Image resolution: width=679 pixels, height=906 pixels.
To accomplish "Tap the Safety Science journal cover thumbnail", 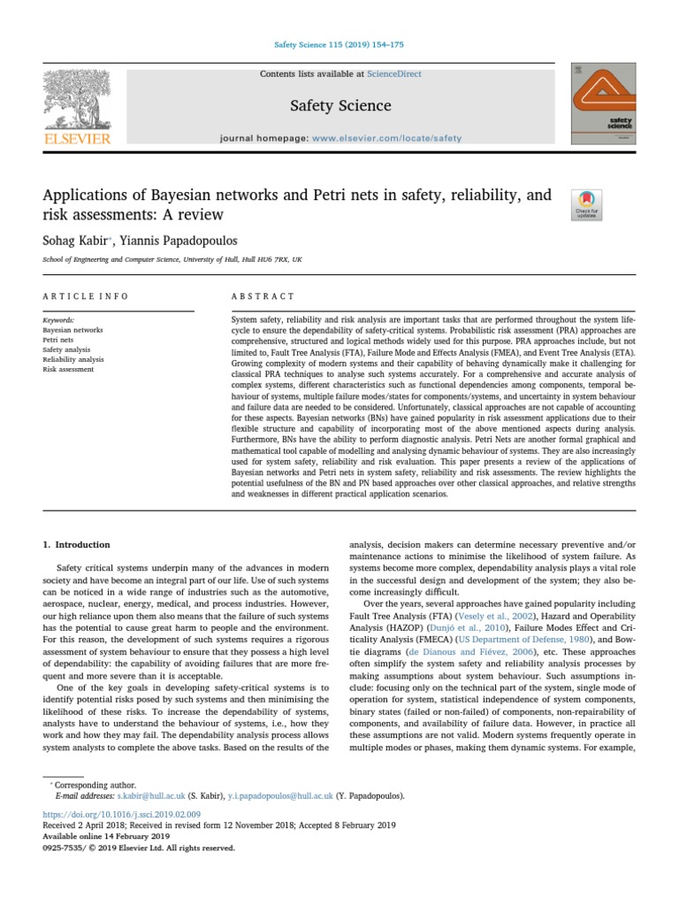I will (603, 103).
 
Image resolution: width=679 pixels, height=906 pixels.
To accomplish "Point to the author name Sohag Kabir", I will (74, 239).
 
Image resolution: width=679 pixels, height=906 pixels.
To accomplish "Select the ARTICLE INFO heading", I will (86, 296).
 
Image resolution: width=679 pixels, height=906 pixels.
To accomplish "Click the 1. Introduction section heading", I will (77, 544).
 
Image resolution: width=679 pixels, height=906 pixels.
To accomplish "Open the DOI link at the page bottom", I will (122, 813).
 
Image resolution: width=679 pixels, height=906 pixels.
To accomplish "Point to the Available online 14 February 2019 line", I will (106, 835).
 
